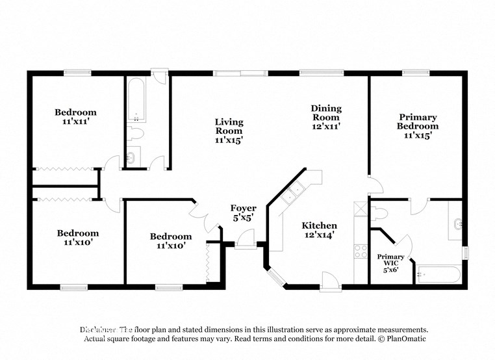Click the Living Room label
click(229, 131)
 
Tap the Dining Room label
click(326, 118)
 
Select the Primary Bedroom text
click(417, 126)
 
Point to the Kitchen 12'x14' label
click(319, 230)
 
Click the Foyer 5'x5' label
click(243, 212)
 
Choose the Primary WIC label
click(390, 262)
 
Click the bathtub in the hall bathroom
click(136, 100)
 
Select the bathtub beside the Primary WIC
click(438, 274)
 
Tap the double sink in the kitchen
click(294, 190)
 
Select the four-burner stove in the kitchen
click(361, 251)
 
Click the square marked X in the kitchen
click(361, 209)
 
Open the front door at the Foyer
click(246, 242)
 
